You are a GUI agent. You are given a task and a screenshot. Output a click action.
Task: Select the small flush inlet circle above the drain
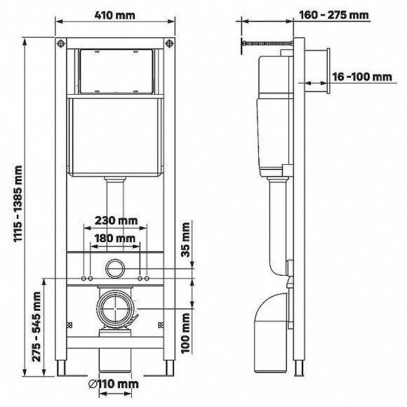[x=114, y=267]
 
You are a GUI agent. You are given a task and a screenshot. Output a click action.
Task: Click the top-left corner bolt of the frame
[x=61, y=44]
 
